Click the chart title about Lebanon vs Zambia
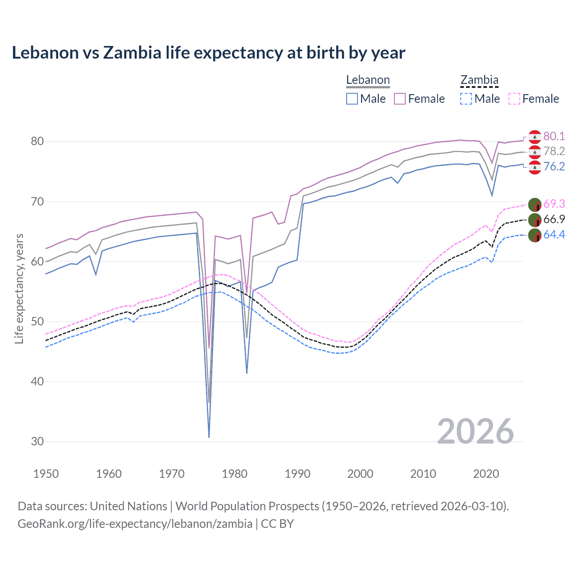tap(208, 53)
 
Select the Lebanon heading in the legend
tap(368, 80)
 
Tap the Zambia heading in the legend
tap(479, 80)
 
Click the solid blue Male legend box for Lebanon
tap(352, 99)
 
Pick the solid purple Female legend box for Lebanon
tap(400, 99)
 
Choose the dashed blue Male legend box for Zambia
tap(466, 99)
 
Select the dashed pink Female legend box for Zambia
tap(514, 99)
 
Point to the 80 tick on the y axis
tap(37, 142)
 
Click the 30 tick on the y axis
tap(37, 442)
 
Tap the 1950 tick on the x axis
tap(46, 474)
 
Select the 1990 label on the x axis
tap(298, 474)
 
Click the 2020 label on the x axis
tap(486, 474)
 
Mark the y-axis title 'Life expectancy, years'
tap(19, 288)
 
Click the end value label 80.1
tap(554, 137)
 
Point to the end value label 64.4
tap(554, 235)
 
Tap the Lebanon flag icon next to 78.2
tap(535, 152)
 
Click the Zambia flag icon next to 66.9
tap(535, 220)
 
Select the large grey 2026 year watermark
tap(476, 431)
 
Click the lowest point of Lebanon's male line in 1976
tap(209, 437)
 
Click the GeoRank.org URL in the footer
tap(135, 524)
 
